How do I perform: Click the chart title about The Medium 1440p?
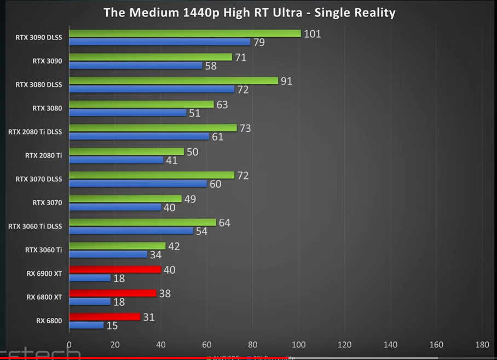click(249, 13)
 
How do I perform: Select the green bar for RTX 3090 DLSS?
click(185, 33)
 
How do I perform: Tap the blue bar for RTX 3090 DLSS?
click(160, 42)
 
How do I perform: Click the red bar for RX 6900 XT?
click(115, 270)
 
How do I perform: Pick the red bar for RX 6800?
click(105, 317)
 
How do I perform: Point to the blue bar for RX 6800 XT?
click(90, 301)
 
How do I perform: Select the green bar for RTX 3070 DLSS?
click(152, 175)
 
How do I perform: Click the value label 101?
click(312, 34)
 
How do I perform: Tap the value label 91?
click(286, 81)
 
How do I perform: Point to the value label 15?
click(112, 326)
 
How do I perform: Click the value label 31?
click(148, 317)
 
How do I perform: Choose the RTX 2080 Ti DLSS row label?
click(35, 132)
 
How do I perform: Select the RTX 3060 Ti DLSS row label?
click(35, 226)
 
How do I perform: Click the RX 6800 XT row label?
click(44, 297)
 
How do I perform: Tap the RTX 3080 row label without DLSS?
click(47, 108)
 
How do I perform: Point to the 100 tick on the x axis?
click(298, 345)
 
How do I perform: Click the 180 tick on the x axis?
click(482, 345)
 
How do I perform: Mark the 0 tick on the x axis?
click(69, 345)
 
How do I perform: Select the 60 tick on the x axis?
click(206, 345)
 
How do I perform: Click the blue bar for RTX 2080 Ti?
click(116, 160)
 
